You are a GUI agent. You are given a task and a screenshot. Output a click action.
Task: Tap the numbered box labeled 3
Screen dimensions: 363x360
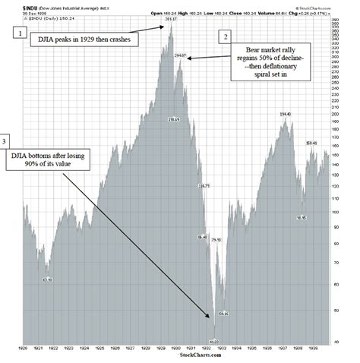coord(7,141)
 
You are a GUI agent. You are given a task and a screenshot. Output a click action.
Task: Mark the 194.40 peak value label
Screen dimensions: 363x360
coord(286,114)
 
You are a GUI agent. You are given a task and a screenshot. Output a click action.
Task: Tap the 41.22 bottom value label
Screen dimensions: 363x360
coord(214,342)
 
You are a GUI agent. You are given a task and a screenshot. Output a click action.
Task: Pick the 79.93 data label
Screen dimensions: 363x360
coord(216,240)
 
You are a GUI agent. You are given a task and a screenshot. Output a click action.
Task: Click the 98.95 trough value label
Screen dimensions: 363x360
coord(302,217)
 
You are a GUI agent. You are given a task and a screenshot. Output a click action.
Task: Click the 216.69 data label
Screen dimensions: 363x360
coord(173,120)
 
